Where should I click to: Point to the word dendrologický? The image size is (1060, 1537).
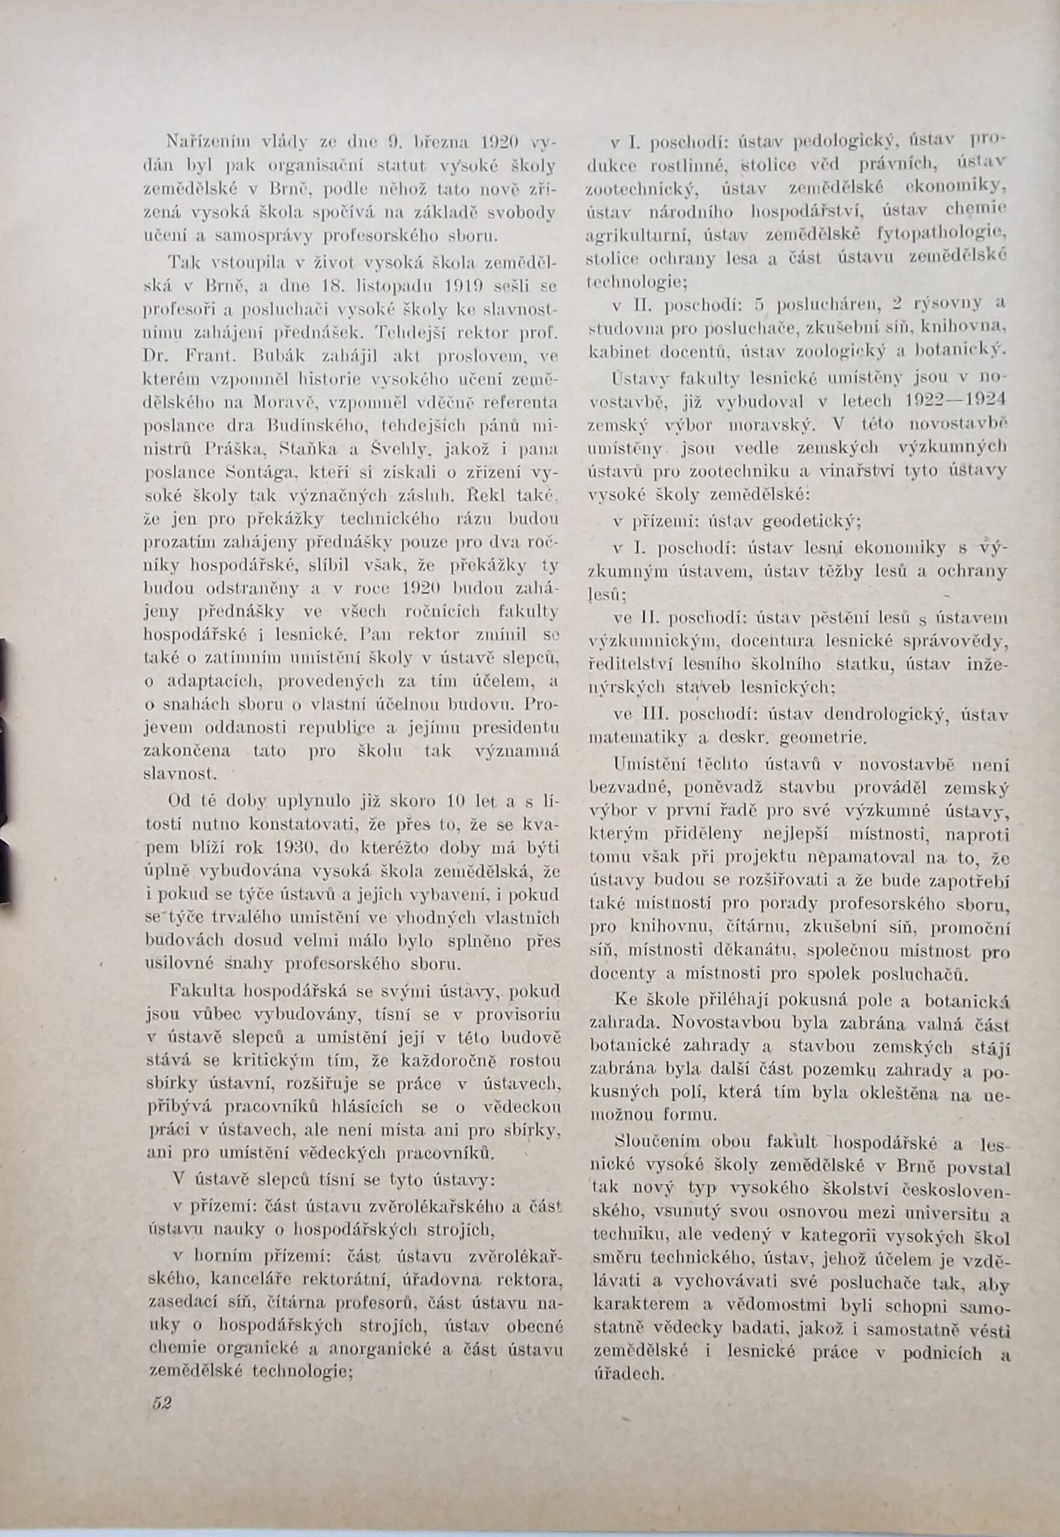[879, 714]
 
